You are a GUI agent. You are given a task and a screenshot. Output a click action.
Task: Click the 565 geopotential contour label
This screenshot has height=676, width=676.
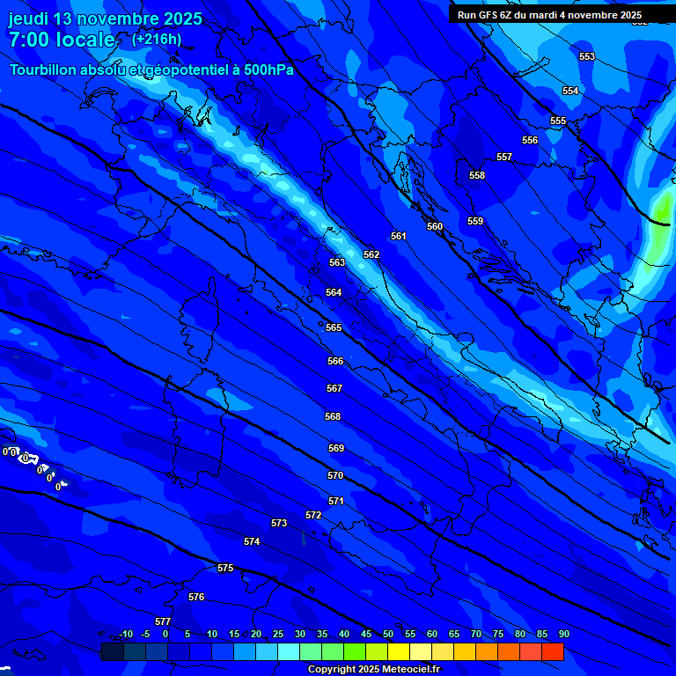(334, 327)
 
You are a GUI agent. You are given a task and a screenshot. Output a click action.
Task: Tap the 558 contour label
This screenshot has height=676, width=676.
(477, 175)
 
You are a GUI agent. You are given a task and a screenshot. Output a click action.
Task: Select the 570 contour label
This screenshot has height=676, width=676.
(335, 475)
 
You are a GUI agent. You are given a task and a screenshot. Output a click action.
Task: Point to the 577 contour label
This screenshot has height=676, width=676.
(163, 621)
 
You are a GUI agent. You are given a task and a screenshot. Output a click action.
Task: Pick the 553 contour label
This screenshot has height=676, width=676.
(587, 56)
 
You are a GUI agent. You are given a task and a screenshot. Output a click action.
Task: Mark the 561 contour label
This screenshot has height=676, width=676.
(399, 236)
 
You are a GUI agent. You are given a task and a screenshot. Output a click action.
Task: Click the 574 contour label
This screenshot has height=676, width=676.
(252, 541)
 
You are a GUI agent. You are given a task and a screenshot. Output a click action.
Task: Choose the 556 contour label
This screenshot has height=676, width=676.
(530, 140)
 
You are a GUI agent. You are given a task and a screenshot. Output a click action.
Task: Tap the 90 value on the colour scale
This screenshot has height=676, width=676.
(563, 634)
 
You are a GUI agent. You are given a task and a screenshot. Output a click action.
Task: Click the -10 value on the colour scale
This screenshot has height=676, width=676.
(125, 634)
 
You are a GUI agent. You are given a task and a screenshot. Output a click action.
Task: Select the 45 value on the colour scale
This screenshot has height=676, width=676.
(365, 634)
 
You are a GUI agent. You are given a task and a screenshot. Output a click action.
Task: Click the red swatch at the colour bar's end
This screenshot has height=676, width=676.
(552, 651)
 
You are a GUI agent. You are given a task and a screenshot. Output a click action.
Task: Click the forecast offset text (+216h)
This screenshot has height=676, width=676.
(156, 39)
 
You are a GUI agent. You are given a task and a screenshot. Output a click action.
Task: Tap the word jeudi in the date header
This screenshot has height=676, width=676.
(29, 18)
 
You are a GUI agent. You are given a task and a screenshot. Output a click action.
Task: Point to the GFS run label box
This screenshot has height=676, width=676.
(549, 15)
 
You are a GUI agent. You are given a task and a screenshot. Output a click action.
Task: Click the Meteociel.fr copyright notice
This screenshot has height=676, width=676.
(373, 669)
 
